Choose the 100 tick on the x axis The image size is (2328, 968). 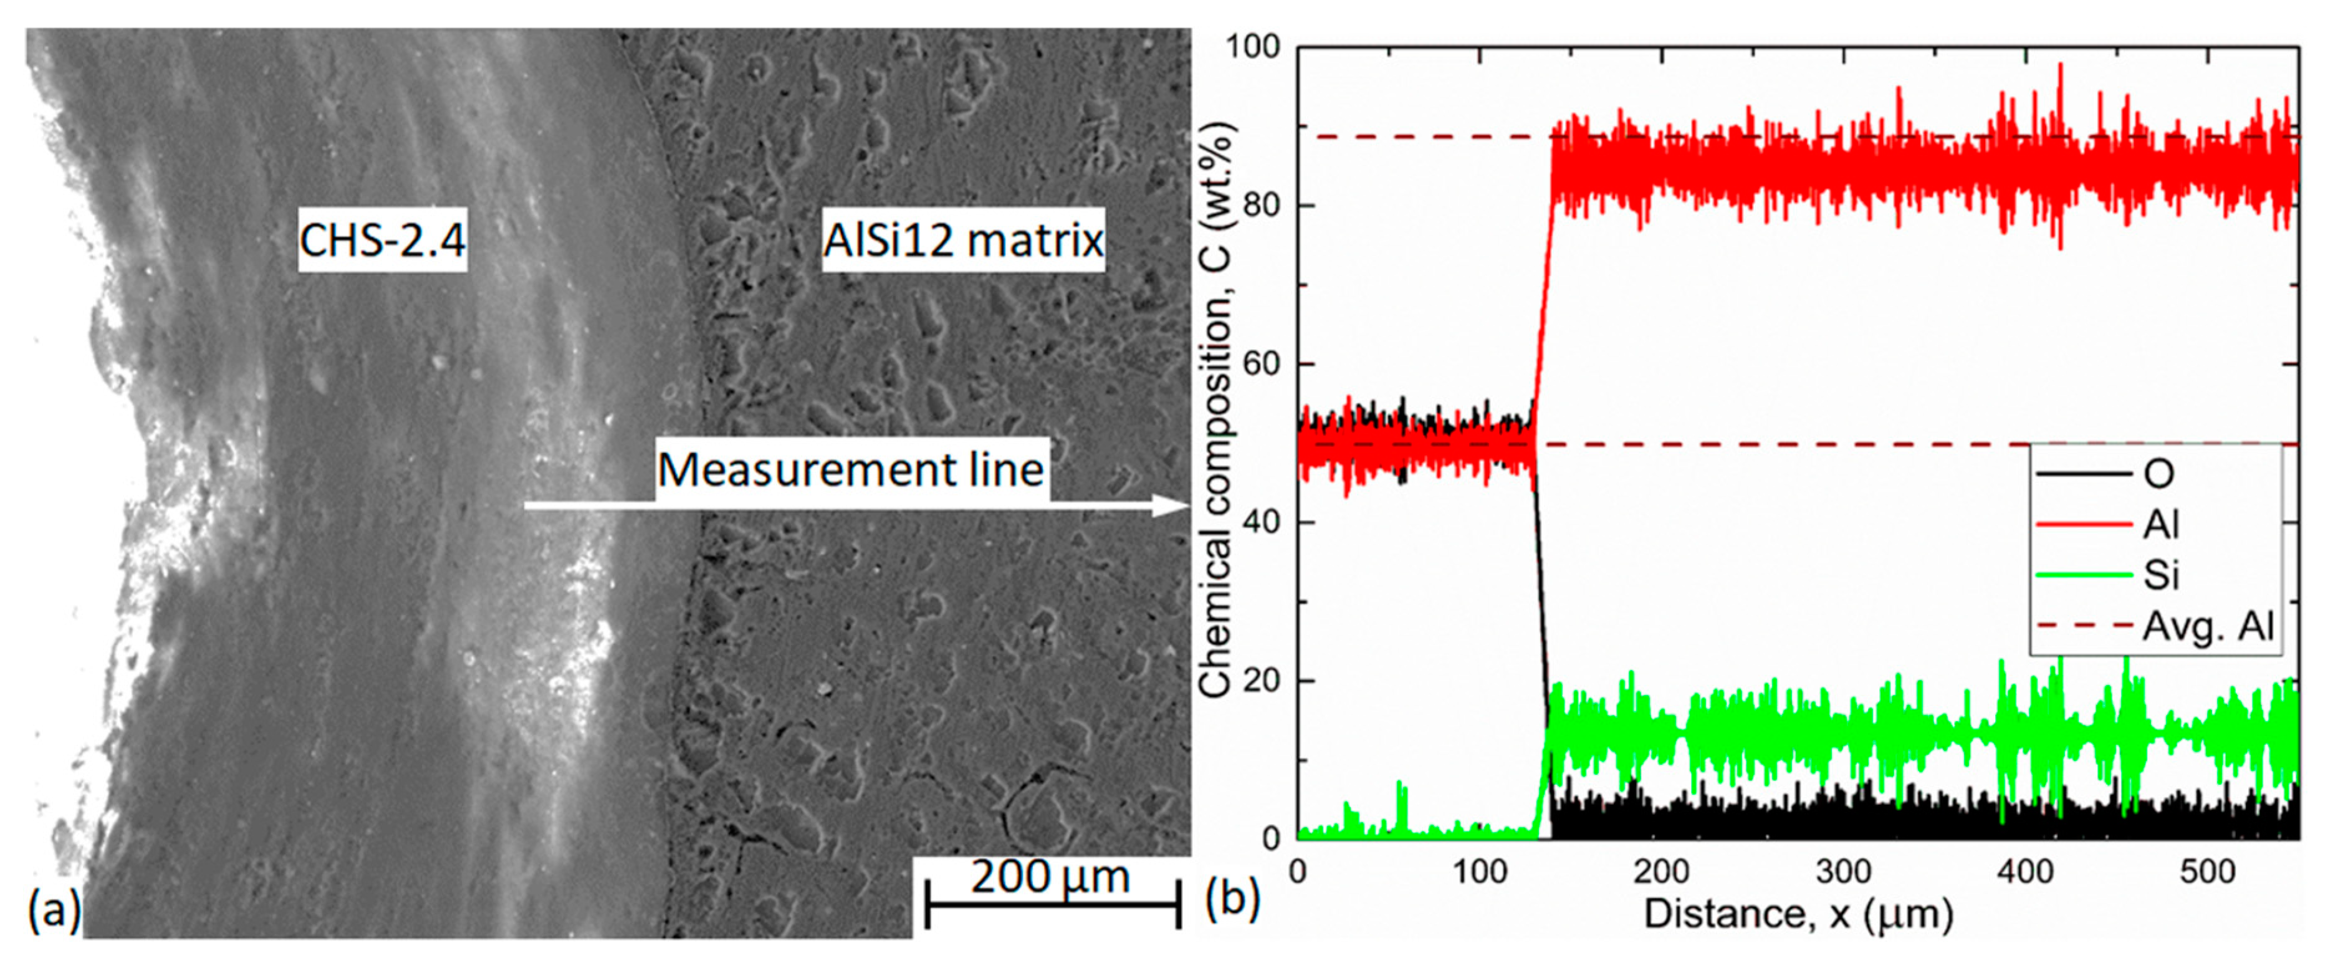(x=1480, y=872)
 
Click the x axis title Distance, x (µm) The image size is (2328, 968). (x=1798, y=914)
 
